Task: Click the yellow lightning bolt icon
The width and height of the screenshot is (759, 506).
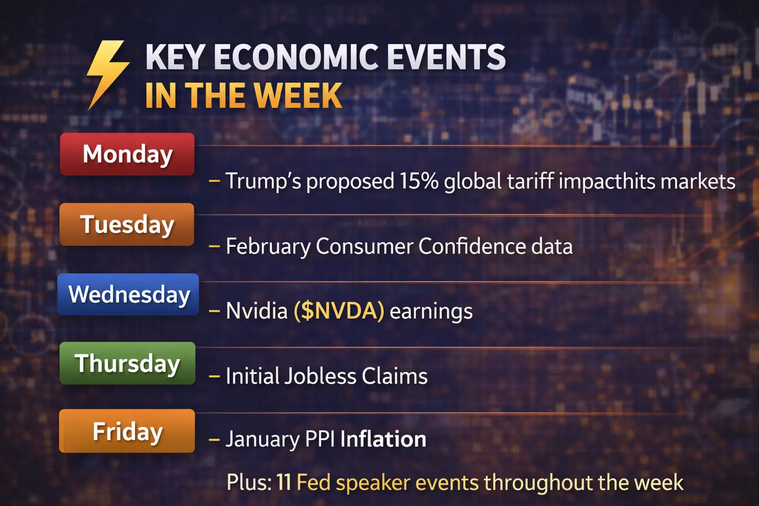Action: pyautogui.click(x=108, y=73)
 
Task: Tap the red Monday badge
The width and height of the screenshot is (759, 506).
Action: pyautogui.click(x=127, y=154)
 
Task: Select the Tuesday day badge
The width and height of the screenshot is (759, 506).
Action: pyautogui.click(x=126, y=224)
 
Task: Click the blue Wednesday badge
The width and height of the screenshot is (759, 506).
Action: pyautogui.click(x=128, y=295)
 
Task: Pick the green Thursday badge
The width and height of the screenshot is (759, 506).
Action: pyautogui.click(x=127, y=363)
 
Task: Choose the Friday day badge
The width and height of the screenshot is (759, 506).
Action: pyautogui.click(x=127, y=431)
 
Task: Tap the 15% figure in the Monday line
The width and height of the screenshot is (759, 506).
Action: pyautogui.click(x=419, y=180)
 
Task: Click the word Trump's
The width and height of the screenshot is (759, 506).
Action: pyautogui.click(x=263, y=180)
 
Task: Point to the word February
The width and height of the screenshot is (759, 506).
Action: pyautogui.click(x=268, y=247)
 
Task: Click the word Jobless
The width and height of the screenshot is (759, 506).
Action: pyautogui.click(x=320, y=376)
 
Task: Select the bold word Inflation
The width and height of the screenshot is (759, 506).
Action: pyautogui.click(x=383, y=439)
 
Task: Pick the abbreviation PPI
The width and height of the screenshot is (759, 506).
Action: pyautogui.click(x=320, y=439)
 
